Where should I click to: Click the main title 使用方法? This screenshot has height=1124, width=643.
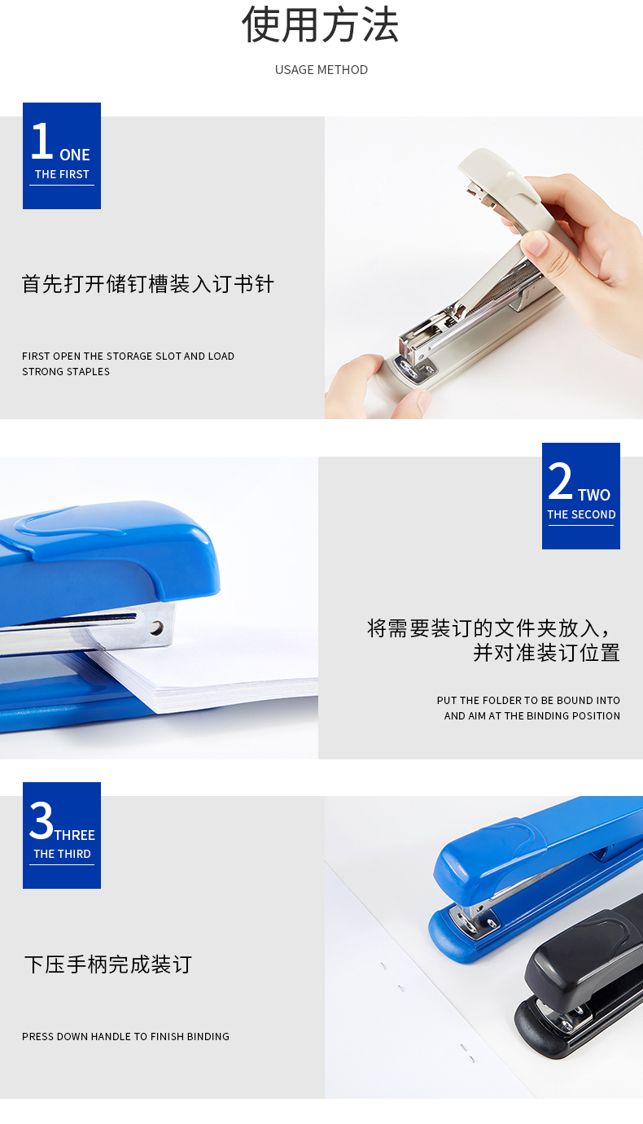[321, 25]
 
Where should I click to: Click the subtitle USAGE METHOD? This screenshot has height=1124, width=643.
[321, 70]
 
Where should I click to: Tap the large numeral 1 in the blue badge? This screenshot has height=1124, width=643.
[42, 141]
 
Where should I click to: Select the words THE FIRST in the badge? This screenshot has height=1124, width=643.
[62, 174]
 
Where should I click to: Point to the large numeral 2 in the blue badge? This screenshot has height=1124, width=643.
[560, 481]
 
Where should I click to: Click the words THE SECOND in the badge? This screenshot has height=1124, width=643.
[581, 514]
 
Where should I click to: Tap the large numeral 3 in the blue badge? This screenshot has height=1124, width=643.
[42, 820]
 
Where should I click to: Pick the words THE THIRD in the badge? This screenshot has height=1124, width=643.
[62, 854]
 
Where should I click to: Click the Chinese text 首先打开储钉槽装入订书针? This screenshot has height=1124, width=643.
[147, 284]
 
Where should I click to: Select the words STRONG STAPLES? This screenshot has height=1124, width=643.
[66, 371]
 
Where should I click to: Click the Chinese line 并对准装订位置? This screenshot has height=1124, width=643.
[547, 653]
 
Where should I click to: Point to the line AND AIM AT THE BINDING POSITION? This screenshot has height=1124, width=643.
[532, 715]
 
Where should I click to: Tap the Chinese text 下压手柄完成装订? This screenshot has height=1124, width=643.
[108, 964]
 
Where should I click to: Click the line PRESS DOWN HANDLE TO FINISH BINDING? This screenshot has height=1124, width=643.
[125, 1036]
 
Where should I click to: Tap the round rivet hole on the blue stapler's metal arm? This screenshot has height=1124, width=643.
[156, 628]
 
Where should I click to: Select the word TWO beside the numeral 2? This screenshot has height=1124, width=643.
[594, 495]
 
